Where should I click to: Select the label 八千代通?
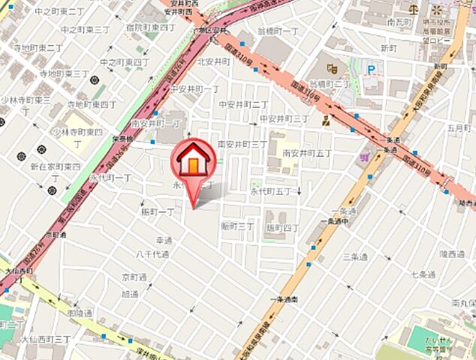pos(152,255)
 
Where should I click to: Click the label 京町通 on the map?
pos(135,277)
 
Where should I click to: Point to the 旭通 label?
pos(130,294)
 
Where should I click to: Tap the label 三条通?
pos(354,256)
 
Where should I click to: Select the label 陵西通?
pos(452,254)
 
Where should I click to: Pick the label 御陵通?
pos(80,313)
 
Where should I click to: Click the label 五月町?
pos(457,127)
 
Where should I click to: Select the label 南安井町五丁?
pos(306,154)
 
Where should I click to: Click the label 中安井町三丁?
pos(285,118)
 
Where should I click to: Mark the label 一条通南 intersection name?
pos(283,299)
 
